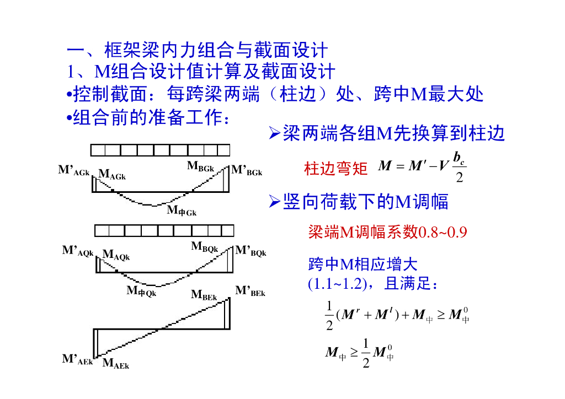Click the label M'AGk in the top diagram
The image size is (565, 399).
coord(74,171)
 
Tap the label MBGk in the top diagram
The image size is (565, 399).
coord(200,166)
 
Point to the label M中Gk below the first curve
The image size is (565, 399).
coord(182,211)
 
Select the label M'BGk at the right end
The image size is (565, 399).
coord(247,171)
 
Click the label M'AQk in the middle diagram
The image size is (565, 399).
coord(78,251)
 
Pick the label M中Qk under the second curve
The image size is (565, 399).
coord(142,291)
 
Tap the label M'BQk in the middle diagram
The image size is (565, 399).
coord(251,252)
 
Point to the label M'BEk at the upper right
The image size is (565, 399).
coord(250,291)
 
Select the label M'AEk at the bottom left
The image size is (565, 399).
coord(78,360)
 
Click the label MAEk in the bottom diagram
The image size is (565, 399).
coord(116,364)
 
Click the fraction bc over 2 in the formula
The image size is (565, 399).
coord(459,168)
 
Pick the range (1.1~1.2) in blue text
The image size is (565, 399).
coord(337,285)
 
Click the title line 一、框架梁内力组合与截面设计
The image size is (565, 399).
coord(197,51)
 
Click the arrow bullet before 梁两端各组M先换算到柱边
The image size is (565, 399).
coord(274,134)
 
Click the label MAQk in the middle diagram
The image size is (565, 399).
coord(116,256)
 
